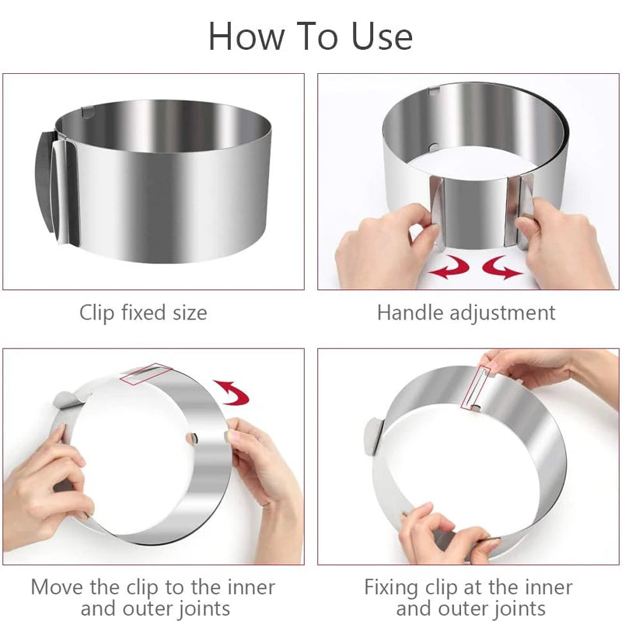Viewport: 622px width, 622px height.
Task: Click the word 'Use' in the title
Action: click(x=382, y=37)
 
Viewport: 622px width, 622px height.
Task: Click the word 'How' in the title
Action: click(x=246, y=37)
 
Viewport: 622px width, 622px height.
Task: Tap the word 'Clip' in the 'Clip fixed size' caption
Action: click(x=96, y=313)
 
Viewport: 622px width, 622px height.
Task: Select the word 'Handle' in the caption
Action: click(x=411, y=313)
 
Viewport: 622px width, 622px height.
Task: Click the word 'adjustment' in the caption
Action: click(x=502, y=313)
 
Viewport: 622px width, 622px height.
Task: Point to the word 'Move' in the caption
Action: click(x=57, y=587)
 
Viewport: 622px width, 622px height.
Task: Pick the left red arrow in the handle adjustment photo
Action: click(x=449, y=267)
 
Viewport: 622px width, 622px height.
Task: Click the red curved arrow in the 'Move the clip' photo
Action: click(x=234, y=392)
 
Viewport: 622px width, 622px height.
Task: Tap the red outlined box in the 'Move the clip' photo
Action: click(x=146, y=374)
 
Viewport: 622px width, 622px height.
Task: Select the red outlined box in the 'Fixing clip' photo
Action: click(x=476, y=388)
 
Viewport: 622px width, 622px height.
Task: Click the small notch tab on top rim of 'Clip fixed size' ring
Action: click(x=88, y=111)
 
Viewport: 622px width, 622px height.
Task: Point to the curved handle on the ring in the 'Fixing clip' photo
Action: click(x=374, y=436)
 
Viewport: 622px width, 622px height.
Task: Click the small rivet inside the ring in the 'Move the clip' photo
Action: click(x=192, y=439)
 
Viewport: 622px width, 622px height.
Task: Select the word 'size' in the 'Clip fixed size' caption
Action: click(x=190, y=313)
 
